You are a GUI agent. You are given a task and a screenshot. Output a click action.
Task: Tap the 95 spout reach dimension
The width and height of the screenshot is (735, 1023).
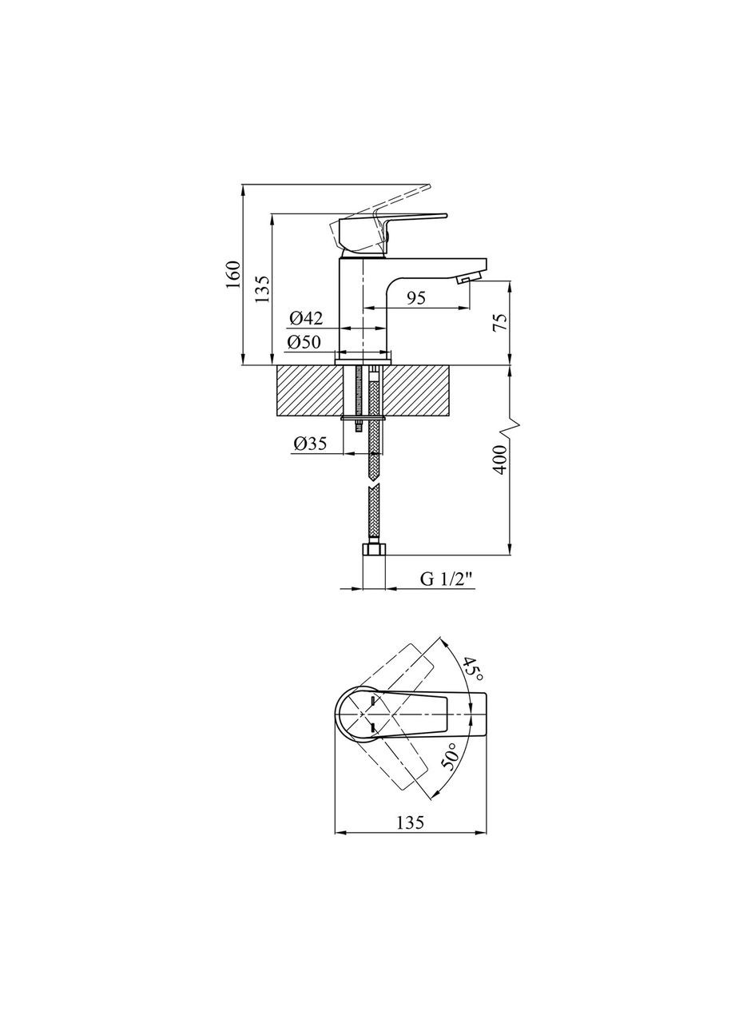coord(416,298)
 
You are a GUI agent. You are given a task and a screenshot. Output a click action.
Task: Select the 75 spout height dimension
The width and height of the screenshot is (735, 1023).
coord(499,323)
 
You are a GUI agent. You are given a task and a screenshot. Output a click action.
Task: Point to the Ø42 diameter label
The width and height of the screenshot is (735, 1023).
coord(306,318)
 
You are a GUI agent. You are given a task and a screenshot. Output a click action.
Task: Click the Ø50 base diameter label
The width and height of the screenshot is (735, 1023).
coord(304,342)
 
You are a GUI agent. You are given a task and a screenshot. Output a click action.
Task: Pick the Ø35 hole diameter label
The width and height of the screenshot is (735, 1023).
coord(311,444)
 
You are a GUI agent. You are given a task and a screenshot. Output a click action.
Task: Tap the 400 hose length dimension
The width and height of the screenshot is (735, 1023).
coord(500,460)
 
